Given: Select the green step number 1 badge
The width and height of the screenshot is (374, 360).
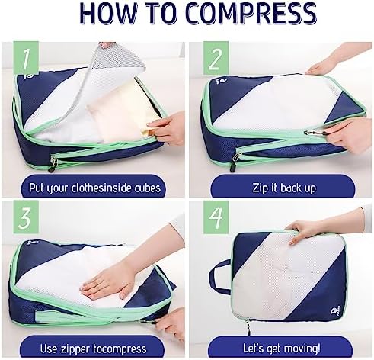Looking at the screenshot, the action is coord(26,58).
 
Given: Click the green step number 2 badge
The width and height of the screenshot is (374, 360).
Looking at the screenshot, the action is coord(216,58).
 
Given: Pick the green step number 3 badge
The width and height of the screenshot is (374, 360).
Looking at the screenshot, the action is coord(26,217).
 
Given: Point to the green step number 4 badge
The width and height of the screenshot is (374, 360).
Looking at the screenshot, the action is coord(216,217).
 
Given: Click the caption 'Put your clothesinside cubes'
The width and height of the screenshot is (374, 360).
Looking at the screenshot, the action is coord(94,188).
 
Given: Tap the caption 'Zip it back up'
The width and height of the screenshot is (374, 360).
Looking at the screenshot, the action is coord(284,188).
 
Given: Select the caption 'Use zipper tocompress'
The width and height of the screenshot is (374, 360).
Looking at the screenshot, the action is coord(93,349).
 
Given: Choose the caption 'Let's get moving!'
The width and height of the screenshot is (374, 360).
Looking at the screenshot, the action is coord(282,348).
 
